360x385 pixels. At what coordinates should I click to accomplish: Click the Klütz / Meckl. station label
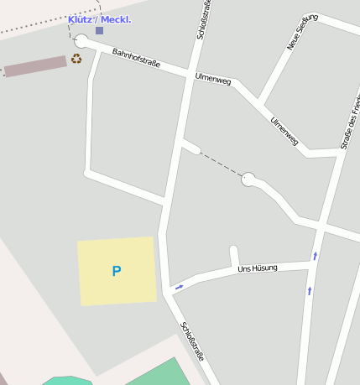(99, 19)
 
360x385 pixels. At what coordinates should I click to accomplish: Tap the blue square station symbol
(99, 30)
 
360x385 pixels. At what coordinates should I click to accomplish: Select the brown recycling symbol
(76, 59)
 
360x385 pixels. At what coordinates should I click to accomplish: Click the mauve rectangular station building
(35, 65)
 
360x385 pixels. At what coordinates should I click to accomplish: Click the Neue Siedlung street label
(302, 31)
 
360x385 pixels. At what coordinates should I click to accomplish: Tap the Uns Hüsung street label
(257, 268)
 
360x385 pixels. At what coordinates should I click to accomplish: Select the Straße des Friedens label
(350, 122)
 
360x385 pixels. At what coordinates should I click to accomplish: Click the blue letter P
(117, 271)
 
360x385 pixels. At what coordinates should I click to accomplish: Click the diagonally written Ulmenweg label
(284, 130)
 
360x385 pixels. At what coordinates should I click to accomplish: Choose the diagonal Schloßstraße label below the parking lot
(192, 342)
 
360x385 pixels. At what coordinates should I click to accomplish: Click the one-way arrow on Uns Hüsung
(178, 288)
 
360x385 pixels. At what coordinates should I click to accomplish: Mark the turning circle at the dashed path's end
(248, 179)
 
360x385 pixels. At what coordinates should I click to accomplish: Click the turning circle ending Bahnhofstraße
(81, 41)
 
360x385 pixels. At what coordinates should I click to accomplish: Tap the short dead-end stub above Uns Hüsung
(234, 254)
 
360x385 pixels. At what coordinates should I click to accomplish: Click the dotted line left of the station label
(34, 29)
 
